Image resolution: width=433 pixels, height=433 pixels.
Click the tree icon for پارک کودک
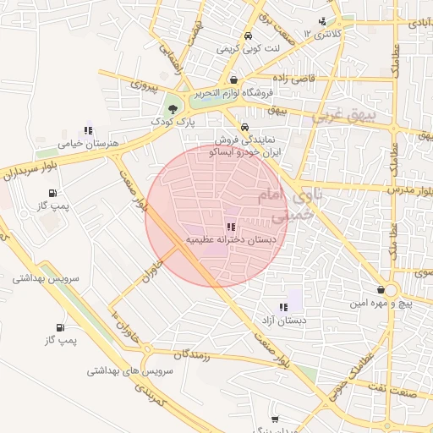pyautogui.click(x=173, y=108)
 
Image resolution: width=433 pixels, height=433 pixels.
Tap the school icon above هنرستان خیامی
pyautogui.click(x=87, y=131)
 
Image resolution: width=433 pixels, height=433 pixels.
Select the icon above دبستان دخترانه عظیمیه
pyautogui.click(x=231, y=227)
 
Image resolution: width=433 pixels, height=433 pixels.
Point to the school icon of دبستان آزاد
pyautogui.click(x=282, y=308)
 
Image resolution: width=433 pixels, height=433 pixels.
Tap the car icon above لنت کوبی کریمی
pyautogui.click(x=247, y=36)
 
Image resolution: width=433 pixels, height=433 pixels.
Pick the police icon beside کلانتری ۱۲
pyautogui.click(x=321, y=23)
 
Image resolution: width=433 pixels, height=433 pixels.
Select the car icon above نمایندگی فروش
pyautogui.click(x=244, y=123)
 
